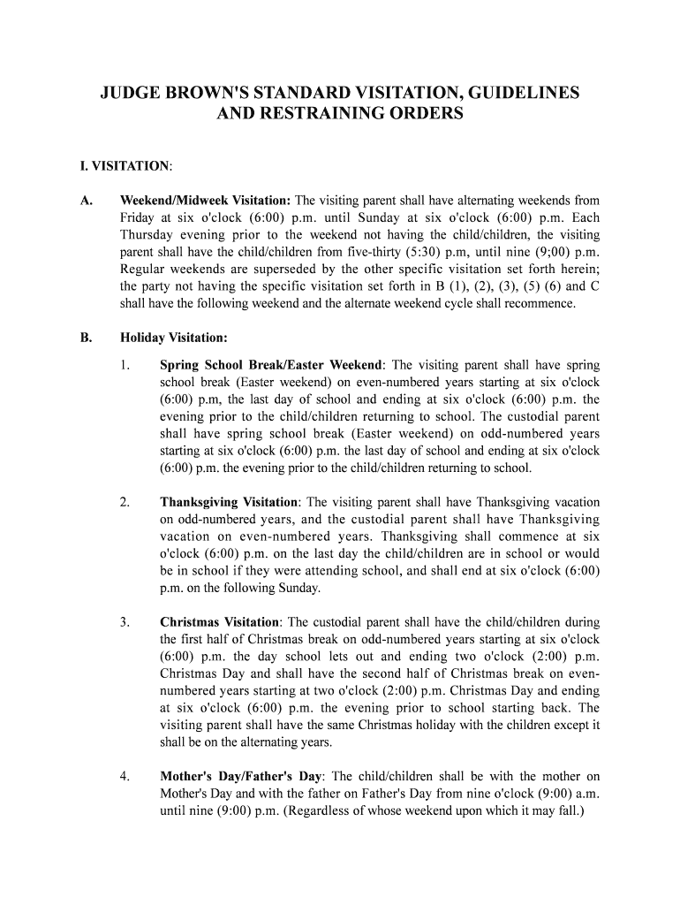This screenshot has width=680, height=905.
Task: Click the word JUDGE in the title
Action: click(134, 93)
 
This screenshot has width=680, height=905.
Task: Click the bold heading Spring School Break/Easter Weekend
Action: click(271, 365)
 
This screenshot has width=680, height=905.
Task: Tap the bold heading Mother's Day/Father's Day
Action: click(241, 777)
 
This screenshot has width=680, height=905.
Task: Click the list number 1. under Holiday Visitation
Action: click(125, 365)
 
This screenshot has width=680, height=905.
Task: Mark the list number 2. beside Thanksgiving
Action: click(125, 502)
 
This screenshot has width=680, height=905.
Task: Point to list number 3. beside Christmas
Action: click(125, 622)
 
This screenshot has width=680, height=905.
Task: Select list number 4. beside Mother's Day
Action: click(125, 777)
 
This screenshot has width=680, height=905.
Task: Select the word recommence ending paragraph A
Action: click(540, 303)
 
